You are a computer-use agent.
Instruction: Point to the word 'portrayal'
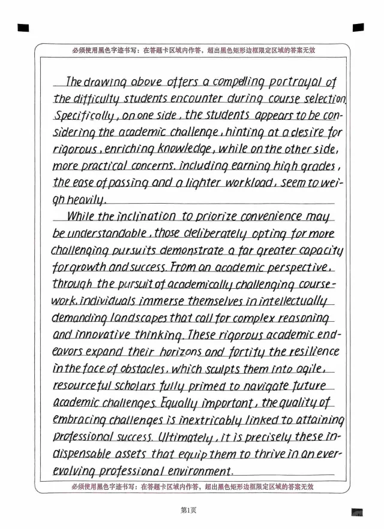click(x=302, y=82)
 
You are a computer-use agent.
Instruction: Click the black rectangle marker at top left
click(x=24, y=27)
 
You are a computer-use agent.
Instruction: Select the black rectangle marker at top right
click(x=358, y=27)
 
